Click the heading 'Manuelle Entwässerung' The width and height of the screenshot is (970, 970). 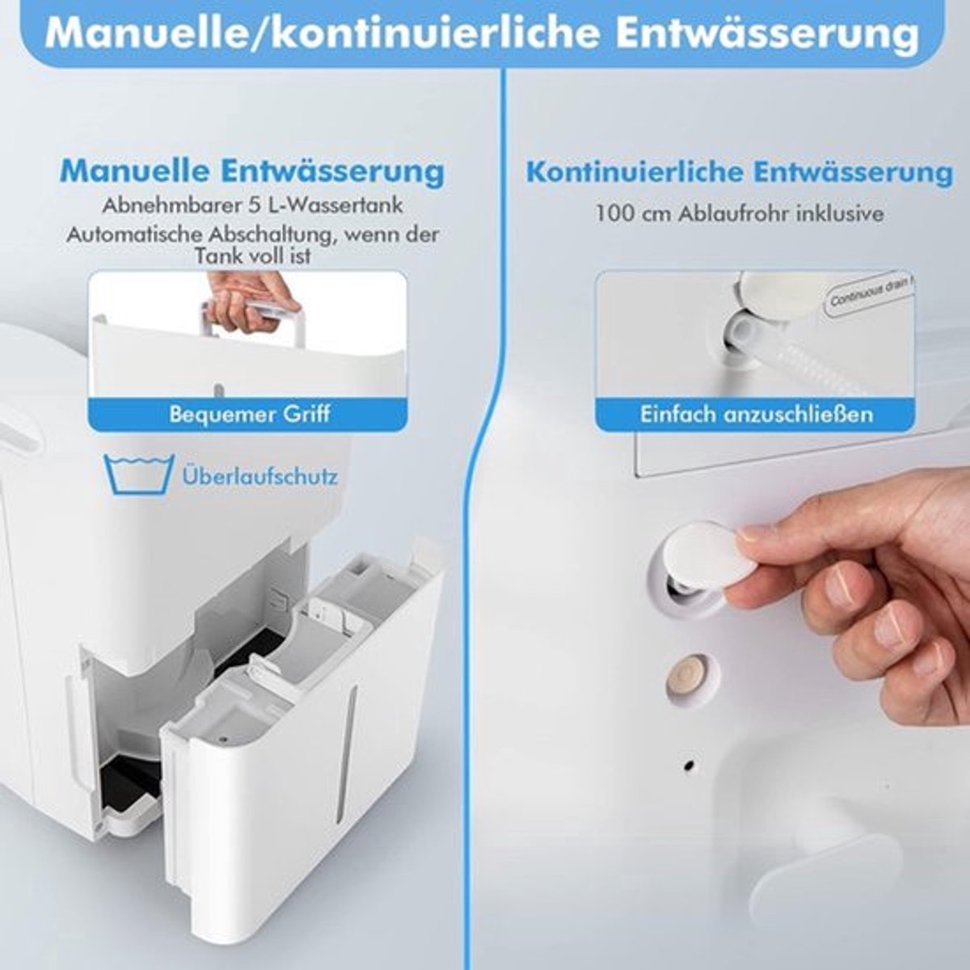click(252, 171)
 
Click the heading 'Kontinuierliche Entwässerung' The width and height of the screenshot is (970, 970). click(740, 172)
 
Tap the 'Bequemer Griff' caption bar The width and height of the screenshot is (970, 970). click(249, 415)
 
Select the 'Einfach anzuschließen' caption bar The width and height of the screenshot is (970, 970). click(756, 415)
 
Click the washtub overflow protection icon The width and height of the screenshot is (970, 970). click(139, 474)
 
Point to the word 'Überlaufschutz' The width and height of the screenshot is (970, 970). click(259, 475)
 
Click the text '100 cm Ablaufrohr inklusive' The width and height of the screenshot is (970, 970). click(740, 213)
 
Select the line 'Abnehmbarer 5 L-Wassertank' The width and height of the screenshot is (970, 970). click(252, 205)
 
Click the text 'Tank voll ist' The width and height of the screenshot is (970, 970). click(252, 256)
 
